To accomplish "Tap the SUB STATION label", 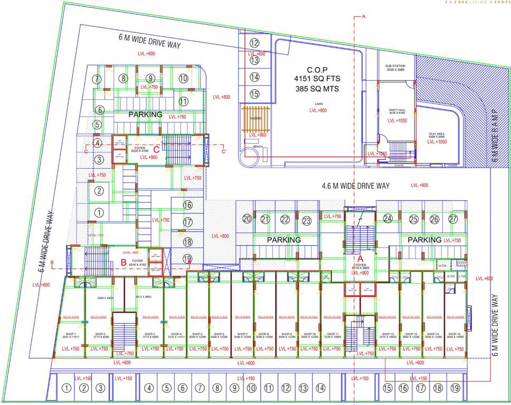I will click(395, 66).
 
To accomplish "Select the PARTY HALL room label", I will click(396, 110).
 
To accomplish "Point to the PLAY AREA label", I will click(436, 135).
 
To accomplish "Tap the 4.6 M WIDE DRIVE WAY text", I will click(355, 186).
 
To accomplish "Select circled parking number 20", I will click(247, 219).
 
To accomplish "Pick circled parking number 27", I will click(453, 219).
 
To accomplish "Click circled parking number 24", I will click(388, 219).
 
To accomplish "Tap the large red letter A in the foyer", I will click(362, 258).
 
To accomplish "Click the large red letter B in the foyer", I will click(123, 261).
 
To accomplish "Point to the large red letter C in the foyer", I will click(156, 149).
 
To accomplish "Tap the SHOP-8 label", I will click(264, 334).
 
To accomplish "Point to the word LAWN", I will click(317, 111).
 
